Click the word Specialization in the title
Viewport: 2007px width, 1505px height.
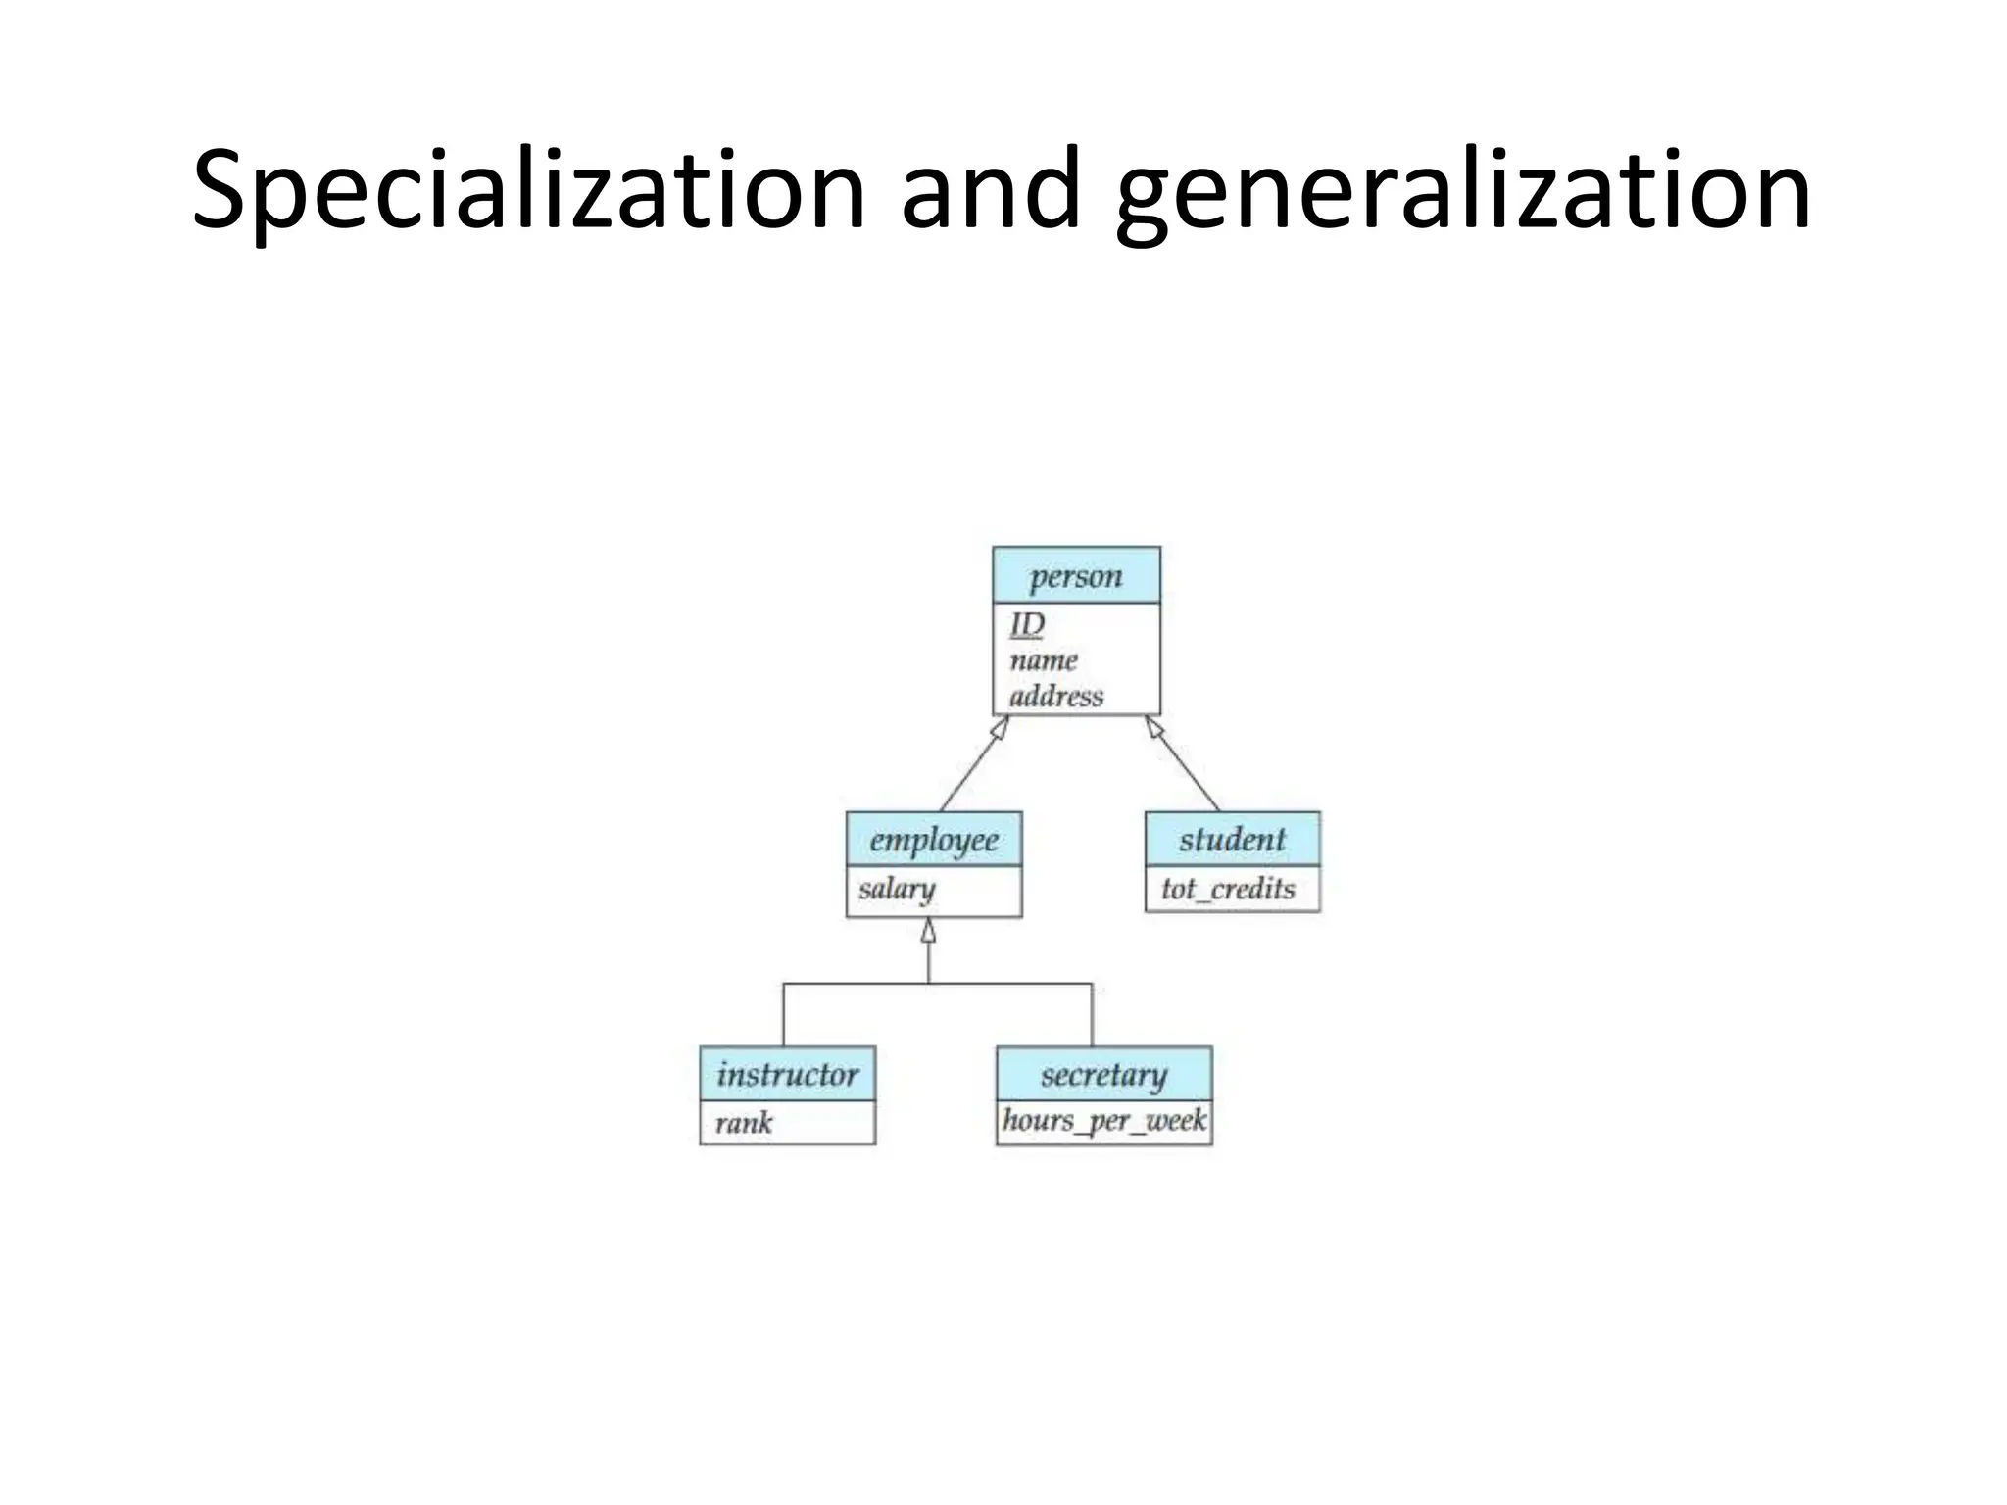click(x=529, y=191)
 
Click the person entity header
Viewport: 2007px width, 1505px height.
click(x=1076, y=576)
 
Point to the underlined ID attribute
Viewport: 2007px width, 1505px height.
click(x=1027, y=624)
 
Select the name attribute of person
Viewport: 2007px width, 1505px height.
click(x=1043, y=660)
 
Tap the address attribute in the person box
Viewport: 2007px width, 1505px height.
click(x=1056, y=697)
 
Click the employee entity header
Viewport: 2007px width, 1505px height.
click(x=934, y=840)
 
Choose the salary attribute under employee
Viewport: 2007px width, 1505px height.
click(x=897, y=889)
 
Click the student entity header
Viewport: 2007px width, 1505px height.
click(x=1232, y=840)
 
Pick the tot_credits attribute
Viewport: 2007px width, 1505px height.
click(x=1228, y=889)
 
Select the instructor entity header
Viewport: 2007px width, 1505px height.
click(x=787, y=1075)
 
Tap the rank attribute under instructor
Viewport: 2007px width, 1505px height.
click(x=744, y=1123)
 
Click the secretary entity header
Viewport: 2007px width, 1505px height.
click(x=1103, y=1075)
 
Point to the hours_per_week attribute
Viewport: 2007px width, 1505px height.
click(x=1103, y=1120)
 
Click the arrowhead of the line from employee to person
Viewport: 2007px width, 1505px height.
click(x=1000, y=728)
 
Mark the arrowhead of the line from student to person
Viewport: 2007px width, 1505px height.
click(x=1154, y=727)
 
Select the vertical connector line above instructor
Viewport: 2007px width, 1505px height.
click(x=783, y=1015)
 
